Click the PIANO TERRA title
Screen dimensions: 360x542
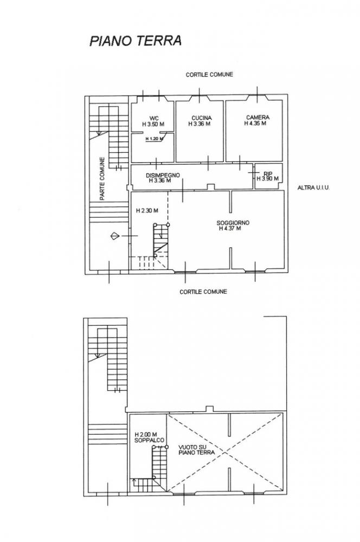pos(136,41)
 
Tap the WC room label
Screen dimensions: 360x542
pos(154,118)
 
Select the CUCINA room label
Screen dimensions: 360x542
pos(202,118)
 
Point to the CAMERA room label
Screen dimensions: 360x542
pos(258,118)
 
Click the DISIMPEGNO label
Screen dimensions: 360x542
pos(163,175)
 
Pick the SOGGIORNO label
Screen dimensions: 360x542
pos(233,223)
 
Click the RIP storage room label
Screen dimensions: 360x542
pos(268,173)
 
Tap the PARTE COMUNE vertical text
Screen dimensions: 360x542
pos(102,179)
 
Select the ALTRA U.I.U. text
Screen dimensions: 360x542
pos(314,188)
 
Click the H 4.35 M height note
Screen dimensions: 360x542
pos(255,123)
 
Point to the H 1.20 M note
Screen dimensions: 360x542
pos(154,139)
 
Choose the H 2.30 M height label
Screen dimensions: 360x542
pos(147,210)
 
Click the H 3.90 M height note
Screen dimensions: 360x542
pos(268,179)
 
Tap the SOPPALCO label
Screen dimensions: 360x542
pos(149,440)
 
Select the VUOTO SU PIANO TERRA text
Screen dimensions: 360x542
pos(197,450)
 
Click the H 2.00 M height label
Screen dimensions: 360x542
pos(146,435)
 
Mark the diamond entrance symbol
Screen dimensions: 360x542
pos(115,236)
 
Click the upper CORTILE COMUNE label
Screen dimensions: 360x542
pos(210,74)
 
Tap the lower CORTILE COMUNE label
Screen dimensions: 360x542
pos(203,292)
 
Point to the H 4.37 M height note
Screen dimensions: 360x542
pos(230,229)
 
